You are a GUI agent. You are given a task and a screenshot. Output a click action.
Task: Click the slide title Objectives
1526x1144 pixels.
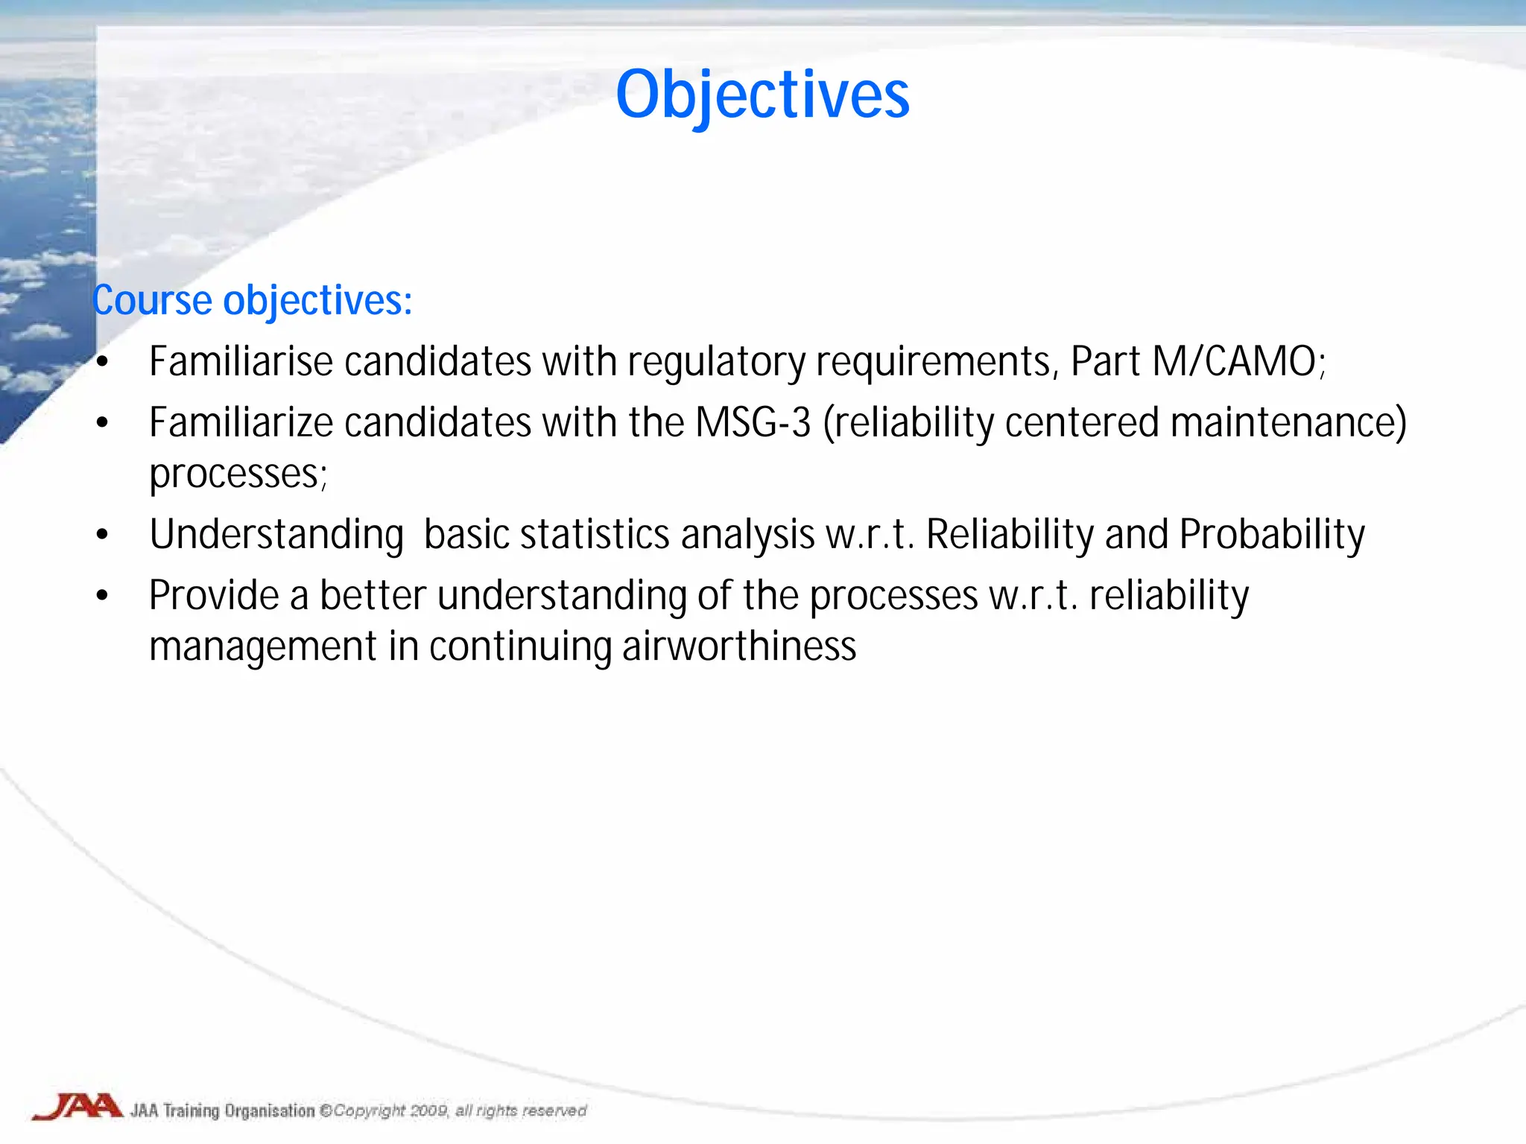pyautogui.click(x=762, y=95)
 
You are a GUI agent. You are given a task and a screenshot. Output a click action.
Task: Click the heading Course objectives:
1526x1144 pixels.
pyautogui.click(x=252, y=301)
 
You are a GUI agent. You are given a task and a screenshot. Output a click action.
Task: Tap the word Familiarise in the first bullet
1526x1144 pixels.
pyautogui.click(x=241, y=362)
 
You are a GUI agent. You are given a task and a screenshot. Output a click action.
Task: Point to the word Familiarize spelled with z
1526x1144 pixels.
pyautogui.click(x=241, y=423)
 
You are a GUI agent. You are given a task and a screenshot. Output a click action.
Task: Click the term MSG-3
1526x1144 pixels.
pyautogui.click(x=753, y=423)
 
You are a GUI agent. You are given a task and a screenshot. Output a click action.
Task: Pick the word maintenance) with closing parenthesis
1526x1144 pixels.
pyautogui.click(x=1288, y=423)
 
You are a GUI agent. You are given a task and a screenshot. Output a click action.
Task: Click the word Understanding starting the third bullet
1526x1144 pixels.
pyautogui.click(x=276, y=536)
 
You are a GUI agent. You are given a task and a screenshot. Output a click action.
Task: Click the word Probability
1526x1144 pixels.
pyautogui.click(x=1272, y=536)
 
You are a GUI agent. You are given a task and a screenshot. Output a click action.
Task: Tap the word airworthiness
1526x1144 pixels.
pyautogui.click(x=739, y=646)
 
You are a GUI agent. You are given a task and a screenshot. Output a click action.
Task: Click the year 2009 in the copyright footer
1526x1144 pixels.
pyautogui.click(x=429, y=1110)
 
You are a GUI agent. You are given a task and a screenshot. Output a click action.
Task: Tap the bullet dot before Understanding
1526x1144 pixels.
pyautogui.click(x=103, y=536)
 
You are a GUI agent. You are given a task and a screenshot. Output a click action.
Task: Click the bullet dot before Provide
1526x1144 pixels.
pyautogui.click(x=103, y=596)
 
